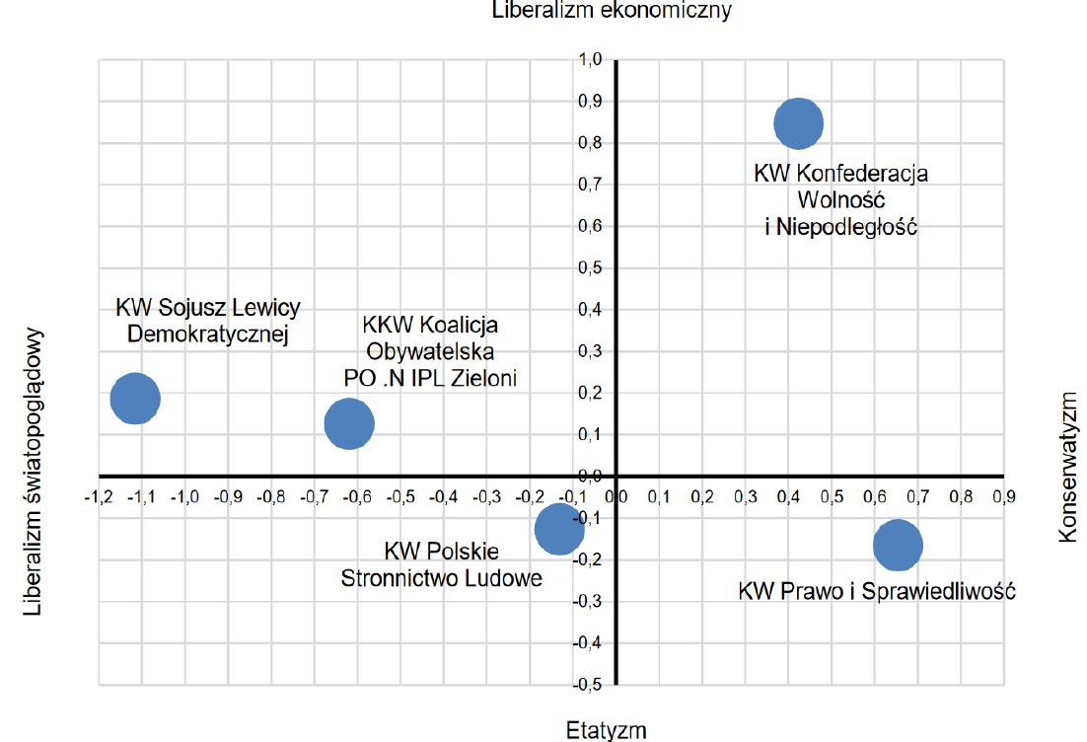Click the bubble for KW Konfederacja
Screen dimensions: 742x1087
798,123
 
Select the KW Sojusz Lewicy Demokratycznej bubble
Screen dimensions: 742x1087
135,398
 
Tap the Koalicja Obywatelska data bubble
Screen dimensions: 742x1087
349,423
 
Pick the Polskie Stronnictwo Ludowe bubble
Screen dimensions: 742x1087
559,529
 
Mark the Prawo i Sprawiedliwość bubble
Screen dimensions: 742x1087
898,546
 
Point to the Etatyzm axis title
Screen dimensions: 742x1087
607,730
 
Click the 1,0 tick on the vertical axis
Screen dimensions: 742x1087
590,60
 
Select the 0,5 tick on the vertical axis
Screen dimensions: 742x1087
590,268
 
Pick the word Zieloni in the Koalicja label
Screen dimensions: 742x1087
483,378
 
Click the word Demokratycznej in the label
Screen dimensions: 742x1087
208,334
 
